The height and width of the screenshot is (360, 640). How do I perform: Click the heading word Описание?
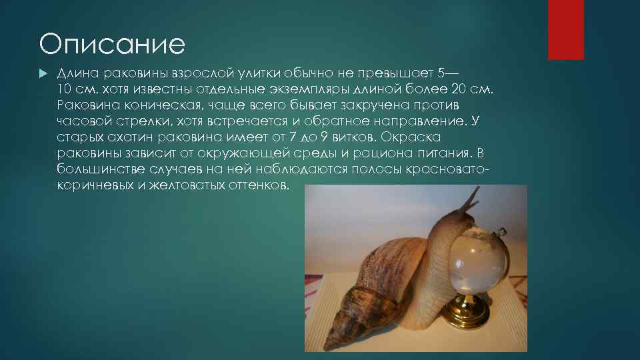(x=111, y=45)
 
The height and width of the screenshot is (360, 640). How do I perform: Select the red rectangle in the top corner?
(x=565, y=29)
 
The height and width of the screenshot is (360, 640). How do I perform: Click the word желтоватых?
(x=187, y=186)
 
